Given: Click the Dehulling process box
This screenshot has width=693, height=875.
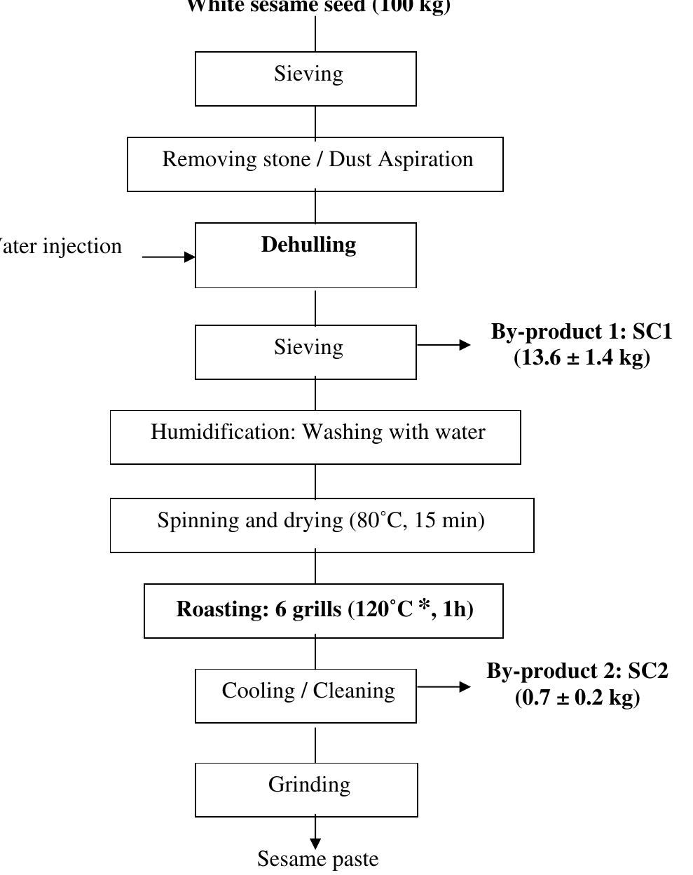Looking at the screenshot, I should click(x=306, y=255).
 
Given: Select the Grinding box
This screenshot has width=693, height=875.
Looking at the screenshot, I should click(x=306, y=789).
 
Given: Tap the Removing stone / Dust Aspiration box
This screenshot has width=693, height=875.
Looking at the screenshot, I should click(x=315, y=164).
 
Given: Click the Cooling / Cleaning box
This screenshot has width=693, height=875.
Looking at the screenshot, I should click(x=306, y=696).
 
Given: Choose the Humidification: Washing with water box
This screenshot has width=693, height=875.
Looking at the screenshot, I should click(x=315, y=437).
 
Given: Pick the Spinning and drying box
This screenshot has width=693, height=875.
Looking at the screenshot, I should click(x=322, y=525).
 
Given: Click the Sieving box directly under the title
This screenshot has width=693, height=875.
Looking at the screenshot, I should click(x=306, y=79).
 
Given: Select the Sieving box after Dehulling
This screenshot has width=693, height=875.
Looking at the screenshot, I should click(x=306, y=351).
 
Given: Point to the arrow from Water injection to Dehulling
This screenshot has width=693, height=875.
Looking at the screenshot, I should click(x=169, y=257).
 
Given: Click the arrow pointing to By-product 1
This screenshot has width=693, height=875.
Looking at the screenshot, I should click(x=444, y=345).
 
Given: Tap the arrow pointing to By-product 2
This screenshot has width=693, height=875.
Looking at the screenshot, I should click(x=444, y=687).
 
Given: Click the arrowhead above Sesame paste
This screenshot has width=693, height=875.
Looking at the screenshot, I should click(x=315, y=843).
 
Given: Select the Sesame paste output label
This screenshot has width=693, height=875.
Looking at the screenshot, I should click(x=317, y=859).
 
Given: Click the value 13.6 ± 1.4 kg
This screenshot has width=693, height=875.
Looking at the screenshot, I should click(x=582, y=358).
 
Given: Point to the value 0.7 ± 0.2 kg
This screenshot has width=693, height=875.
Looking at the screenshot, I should click(x=577, y=698).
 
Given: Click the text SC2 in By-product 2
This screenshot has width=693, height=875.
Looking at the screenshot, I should click(x=647, y=671).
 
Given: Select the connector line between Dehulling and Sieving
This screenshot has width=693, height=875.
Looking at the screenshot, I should click(x=315, y=306).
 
